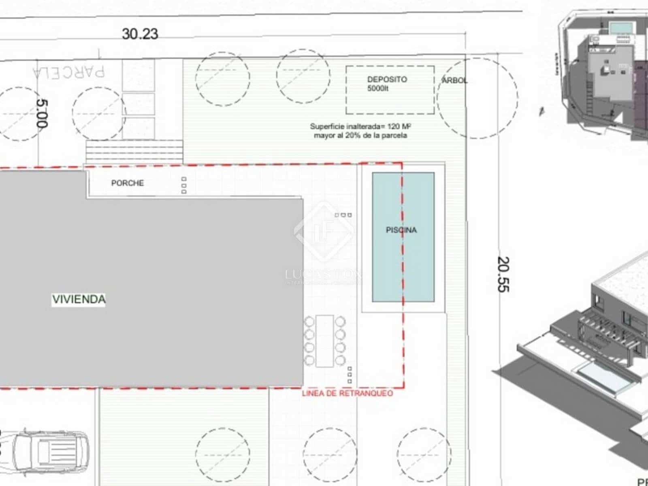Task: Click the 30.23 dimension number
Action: click(140, 34)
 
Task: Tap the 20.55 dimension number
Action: click(503, 275)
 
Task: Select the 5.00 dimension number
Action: click(42, 114)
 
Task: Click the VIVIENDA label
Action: click(79, 299)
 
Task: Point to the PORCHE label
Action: click(128, 183)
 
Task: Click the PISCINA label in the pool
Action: click(401, 230)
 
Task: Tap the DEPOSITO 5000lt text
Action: click(387, 83)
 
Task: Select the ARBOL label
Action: click(454, 81)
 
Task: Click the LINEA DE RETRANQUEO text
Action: click(347, 393)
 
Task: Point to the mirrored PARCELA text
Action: click(69, 72)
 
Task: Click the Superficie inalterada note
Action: click(360, 131)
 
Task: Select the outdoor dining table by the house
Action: click(325, 341)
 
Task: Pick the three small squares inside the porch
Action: click(184, 185)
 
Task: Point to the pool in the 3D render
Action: click(603, 377)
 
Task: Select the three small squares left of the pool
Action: click(343, 215)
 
